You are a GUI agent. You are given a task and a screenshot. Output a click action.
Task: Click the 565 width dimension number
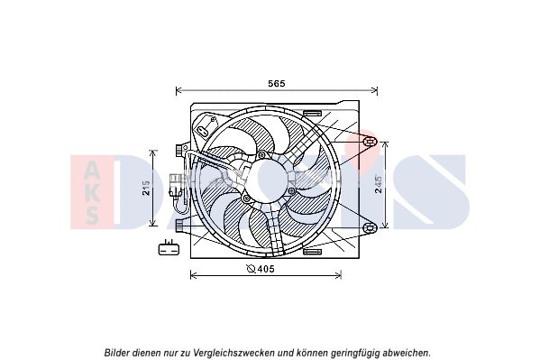277,83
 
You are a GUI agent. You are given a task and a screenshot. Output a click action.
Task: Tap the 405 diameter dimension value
266,269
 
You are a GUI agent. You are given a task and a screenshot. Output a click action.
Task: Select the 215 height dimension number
146,188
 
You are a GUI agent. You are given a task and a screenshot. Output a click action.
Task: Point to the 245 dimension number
379,185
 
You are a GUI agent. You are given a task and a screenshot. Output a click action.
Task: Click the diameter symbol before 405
252,269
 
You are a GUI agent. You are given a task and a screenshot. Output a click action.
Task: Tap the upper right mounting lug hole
370,141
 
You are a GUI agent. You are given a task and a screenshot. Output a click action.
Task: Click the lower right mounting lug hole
370,227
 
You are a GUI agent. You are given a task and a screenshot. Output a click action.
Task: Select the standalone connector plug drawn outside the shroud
168,248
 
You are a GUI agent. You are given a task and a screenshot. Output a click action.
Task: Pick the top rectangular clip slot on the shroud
312,113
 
